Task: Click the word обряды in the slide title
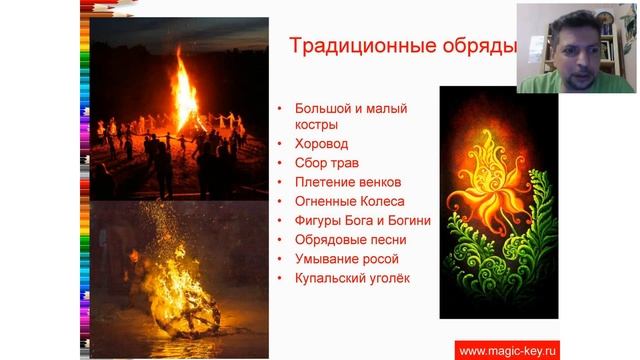[481, 47]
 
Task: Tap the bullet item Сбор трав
[327, 163]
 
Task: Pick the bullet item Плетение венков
[348, 182]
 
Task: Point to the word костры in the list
[316, 125]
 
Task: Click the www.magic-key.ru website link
[506, 349]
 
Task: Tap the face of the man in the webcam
[568, 48]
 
